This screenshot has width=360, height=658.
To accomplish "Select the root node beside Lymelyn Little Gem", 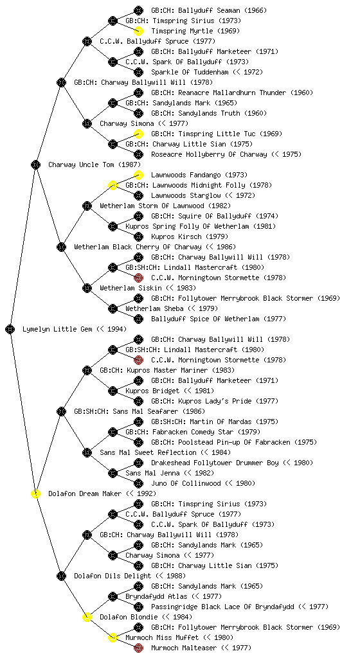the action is pyautogui.click(x=10, y=329).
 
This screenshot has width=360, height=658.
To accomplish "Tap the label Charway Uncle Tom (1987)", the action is pyautogui.click(x=94, y=164).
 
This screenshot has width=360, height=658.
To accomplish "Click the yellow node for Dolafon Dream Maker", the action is pyautogui.click(x=35, y=493).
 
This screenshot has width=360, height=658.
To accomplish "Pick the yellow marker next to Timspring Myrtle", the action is pyautogui.click(x=138, y=31).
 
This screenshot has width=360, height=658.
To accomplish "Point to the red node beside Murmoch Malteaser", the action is pyautogui.click(x=138, y=648).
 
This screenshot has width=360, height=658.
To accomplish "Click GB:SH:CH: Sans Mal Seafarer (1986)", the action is pyautogui.click(x=139, y=411).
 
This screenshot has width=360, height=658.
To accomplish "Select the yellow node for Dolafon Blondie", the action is pyautogui.click(x=87, y=617).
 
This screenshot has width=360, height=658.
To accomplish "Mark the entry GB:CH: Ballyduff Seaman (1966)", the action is pyautogui.click(x=209, y=10).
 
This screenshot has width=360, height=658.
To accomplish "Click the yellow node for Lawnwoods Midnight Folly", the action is pyautogui.click(x=113, y=185).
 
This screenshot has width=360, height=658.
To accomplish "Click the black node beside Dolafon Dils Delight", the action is pyautogui.click(x=61, y=576).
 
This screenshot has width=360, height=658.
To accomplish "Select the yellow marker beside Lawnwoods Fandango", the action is pyautogui.click(x=138, y=175).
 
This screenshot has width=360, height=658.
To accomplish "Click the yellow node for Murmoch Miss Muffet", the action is pyautogui.click(x=113, y=637).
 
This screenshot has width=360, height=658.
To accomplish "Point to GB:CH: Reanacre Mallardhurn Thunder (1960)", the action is pyautogui.click(x=232, y=93).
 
